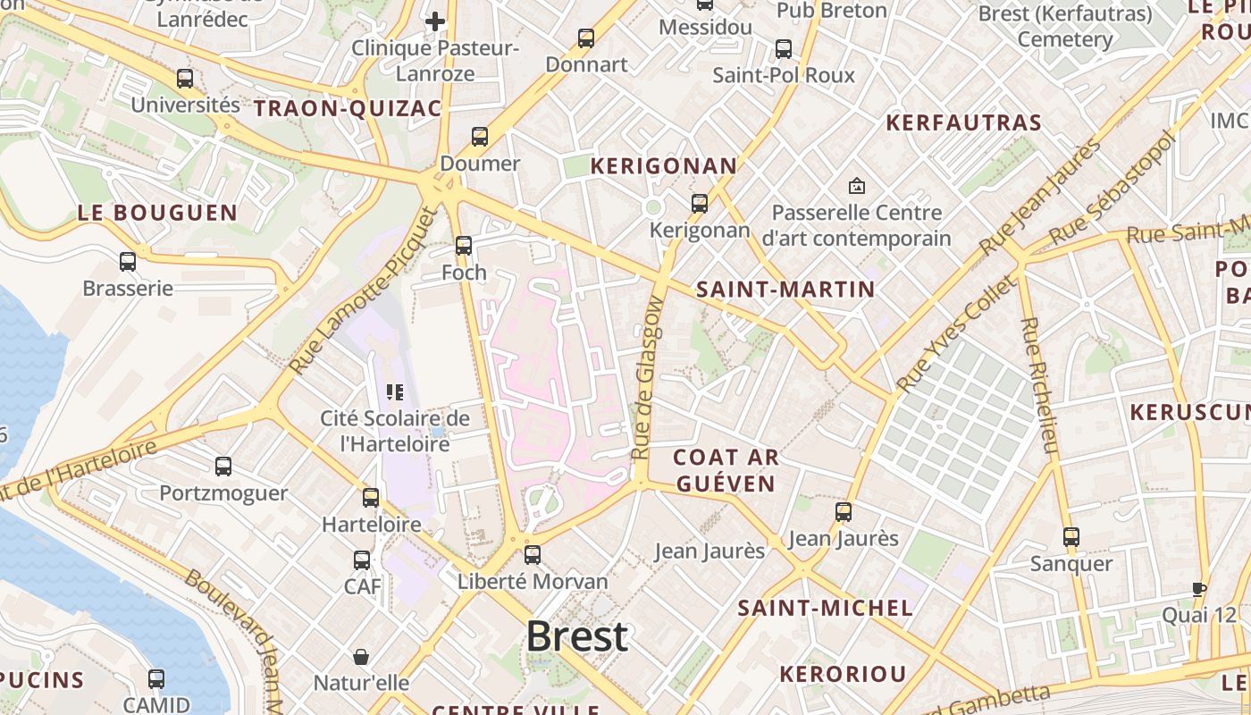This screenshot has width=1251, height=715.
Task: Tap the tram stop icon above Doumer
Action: [480, 137]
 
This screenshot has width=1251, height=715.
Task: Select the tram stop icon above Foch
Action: [463, 246]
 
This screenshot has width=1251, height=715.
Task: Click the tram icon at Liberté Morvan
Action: [533, 555]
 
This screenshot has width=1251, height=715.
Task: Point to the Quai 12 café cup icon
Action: [1199, 589]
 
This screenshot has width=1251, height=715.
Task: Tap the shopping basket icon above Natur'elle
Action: [361, 657]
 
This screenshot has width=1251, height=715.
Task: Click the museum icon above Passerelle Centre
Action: [857, 186]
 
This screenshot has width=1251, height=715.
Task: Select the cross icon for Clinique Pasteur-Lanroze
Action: [435, 21]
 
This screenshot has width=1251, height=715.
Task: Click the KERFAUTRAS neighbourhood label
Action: [963, 123]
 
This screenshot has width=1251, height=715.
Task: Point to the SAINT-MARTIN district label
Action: [785, 290]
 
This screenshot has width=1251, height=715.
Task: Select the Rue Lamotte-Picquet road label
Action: [365, 290]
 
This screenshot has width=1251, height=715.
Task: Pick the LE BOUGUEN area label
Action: [157, 214]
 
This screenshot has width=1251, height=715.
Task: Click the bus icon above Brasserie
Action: [128, 262]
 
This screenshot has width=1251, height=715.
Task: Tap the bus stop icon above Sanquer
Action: [1070, 537]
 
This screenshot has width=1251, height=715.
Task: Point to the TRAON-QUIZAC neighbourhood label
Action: [348, 109]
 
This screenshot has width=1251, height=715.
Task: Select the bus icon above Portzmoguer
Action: [223, 467]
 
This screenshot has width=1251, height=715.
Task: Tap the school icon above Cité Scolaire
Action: [394, 391]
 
